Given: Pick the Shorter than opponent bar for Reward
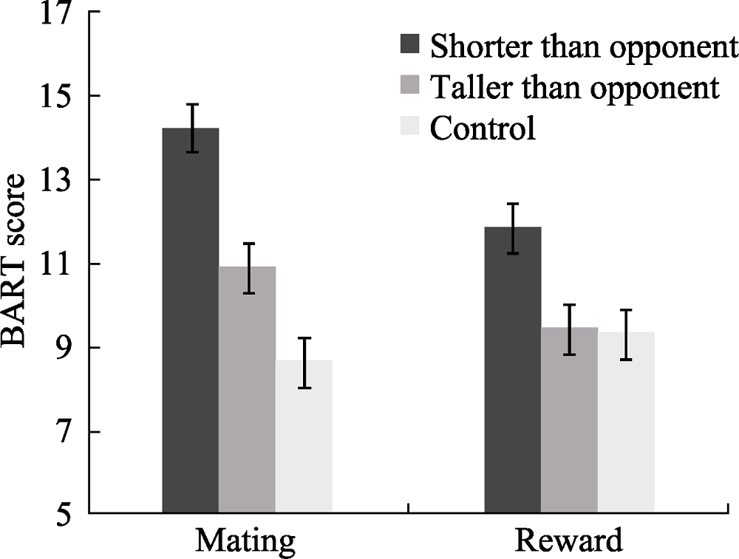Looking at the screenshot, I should click(x=513, y=368).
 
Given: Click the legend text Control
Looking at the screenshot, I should click(x=483, y=128).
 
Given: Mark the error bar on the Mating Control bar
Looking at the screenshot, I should click(x=304, y=363).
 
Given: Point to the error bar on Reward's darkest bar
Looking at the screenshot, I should click(x=513, y=228).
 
